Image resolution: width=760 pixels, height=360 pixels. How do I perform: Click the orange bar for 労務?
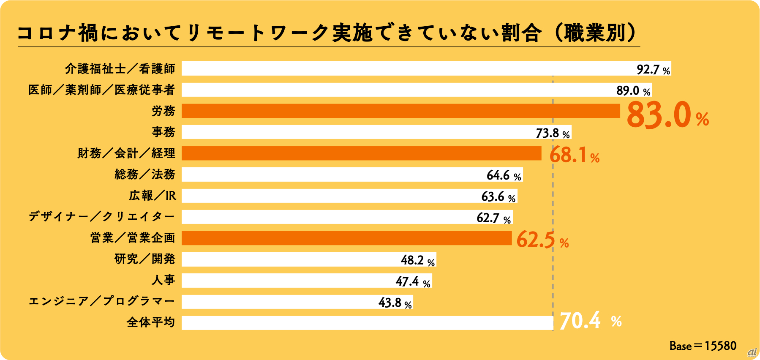point(400,111)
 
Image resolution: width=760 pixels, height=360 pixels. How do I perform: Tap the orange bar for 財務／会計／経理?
point(361,153)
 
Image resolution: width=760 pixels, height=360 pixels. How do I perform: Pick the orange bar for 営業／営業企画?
point(346,238)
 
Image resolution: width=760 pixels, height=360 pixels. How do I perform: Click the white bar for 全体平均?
point(367,323)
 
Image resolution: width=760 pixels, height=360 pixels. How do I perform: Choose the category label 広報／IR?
point(152,196)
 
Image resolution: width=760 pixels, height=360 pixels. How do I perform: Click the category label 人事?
point(163,280)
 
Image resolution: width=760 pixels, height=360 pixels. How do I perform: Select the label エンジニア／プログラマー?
point(101,301)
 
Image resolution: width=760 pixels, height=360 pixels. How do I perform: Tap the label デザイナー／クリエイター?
point(101,217)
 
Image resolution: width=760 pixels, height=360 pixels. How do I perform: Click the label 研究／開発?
point(144,259)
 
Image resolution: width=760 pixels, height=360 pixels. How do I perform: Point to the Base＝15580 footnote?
point(703,346)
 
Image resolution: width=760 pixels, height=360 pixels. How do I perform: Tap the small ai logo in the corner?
point(752,352)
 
